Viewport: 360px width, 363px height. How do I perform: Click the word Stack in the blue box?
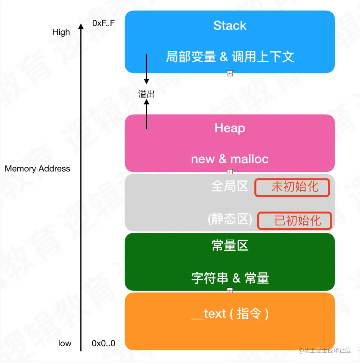230,25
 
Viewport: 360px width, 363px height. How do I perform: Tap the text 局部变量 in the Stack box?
191,57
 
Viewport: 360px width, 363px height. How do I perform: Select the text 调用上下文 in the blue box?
263,57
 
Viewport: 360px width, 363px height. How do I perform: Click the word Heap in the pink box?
230,128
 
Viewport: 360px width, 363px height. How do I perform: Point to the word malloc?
249,159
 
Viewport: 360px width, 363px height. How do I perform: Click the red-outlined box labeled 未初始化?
292,187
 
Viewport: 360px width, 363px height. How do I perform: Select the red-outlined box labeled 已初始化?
294,221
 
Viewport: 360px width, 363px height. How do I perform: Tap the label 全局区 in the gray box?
230,186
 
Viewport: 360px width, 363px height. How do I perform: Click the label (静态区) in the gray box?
230,219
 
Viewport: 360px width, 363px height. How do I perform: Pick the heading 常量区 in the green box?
230,245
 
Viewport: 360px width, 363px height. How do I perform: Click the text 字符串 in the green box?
210,278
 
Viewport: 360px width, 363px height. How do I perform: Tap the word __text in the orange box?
208,314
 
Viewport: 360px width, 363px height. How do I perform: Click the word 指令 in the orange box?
249,314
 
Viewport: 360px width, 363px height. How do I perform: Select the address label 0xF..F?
103,23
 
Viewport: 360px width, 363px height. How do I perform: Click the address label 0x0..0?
103,343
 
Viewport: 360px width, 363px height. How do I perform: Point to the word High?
61,32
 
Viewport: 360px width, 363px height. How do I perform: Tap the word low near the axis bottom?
65,343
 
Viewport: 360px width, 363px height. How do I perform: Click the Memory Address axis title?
37,169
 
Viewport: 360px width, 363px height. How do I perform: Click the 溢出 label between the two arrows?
146,94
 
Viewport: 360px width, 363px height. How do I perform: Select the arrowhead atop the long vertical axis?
81,26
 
